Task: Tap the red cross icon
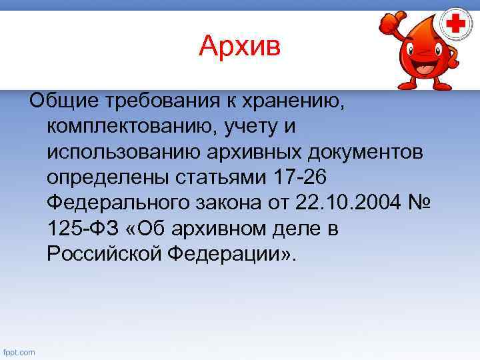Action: [456, 25]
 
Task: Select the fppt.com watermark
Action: [19, 352]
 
